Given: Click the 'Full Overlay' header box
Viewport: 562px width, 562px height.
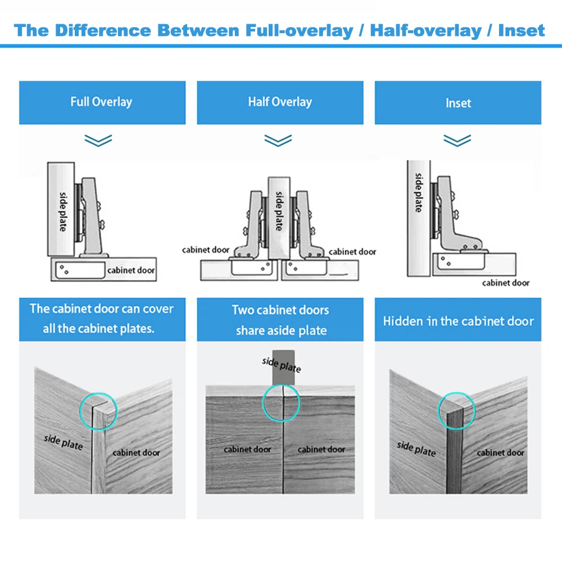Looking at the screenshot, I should [x=102, y=102].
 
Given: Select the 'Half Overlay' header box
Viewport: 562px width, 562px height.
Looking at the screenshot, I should [x=280, y=102].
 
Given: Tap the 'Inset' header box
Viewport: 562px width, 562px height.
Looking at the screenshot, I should [x=457, y=103].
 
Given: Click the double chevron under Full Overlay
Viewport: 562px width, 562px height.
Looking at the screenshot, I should [x=98, y=140].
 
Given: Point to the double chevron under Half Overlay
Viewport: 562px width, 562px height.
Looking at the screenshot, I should [x=278, y=140].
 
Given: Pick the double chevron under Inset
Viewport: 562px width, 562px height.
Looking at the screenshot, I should [x=457, y=140].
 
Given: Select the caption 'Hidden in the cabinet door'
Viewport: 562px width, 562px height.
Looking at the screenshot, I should [x=458, y=321].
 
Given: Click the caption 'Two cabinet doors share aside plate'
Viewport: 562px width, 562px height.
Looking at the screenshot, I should [x=280, y=320].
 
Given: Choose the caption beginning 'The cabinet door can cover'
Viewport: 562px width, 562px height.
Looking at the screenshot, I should [x=102, y=318].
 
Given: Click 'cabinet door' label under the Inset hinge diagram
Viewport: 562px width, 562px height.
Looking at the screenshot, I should [x=505, y=283].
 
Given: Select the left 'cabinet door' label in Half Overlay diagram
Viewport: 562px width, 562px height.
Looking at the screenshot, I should [x=206, y=250].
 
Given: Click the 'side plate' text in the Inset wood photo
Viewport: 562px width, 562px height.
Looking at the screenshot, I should [x=416, y=448].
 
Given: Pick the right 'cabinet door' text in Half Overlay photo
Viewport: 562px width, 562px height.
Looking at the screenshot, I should [x=321, y=449].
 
